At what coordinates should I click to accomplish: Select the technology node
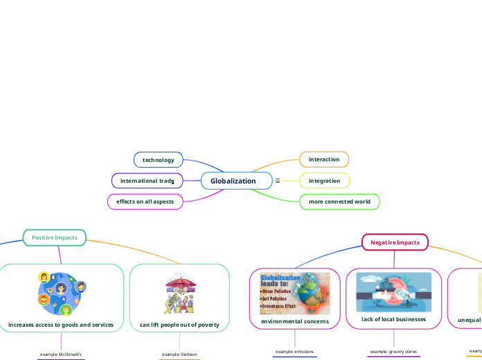click(x=158, y=160)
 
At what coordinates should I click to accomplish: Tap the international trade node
click(x=147, y=181)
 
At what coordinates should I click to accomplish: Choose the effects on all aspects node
click(x=145, y=201)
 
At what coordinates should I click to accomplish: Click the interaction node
click(x=323, y=159)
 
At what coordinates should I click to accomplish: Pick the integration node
click(x=324, y=181)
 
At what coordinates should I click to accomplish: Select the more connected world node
click(x=339, y=202)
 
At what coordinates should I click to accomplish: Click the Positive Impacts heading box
click(x=54, y=237)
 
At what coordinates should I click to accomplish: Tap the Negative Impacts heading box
click(x=395, y=242)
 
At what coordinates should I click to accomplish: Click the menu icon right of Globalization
click(x=278, y=181)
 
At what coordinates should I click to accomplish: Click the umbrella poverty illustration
click(x=179, y=294)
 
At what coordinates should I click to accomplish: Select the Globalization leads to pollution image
click(x=294, y=293)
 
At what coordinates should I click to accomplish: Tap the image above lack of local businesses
click(x=393, y=292)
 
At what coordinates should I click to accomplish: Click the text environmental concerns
click(x=294, y=322)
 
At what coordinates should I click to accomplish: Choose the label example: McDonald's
click(x=61, y=354)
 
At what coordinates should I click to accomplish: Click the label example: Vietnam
click(x=179, y=354)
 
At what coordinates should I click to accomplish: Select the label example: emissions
click(x=294, y=352)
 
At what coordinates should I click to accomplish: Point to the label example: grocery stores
click(x=393, y=352)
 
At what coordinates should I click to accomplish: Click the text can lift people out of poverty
click(x=179, y=325)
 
